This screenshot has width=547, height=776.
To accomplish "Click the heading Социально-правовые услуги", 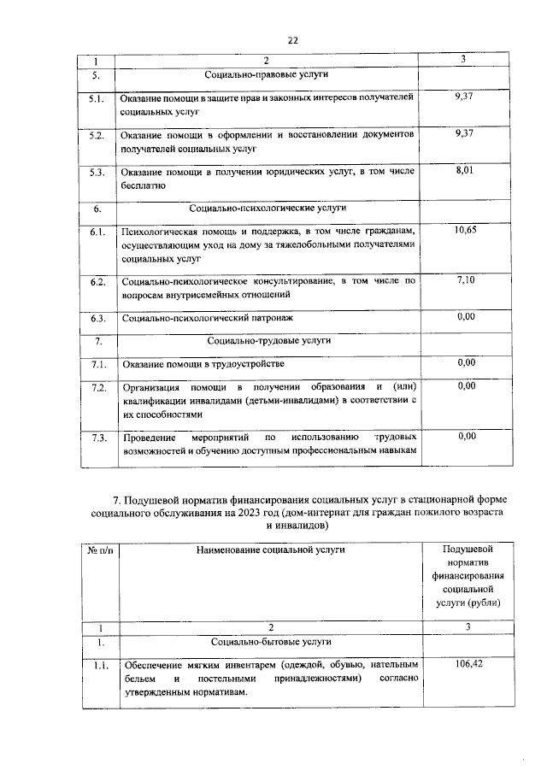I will [267, 75].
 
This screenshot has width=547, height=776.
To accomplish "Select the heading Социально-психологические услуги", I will [267, 208].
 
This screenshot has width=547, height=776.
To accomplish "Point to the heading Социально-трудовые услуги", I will [267, 341].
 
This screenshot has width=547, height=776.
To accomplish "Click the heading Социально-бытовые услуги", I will [267, 641].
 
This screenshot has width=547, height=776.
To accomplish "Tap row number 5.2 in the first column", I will [97, 135].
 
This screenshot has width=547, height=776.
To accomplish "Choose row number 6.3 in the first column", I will [97, 318].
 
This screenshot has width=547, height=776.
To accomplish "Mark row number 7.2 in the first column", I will [97, 387].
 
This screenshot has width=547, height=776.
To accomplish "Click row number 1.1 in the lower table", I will [97, 663].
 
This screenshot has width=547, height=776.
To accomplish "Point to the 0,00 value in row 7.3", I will [466, 436].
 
